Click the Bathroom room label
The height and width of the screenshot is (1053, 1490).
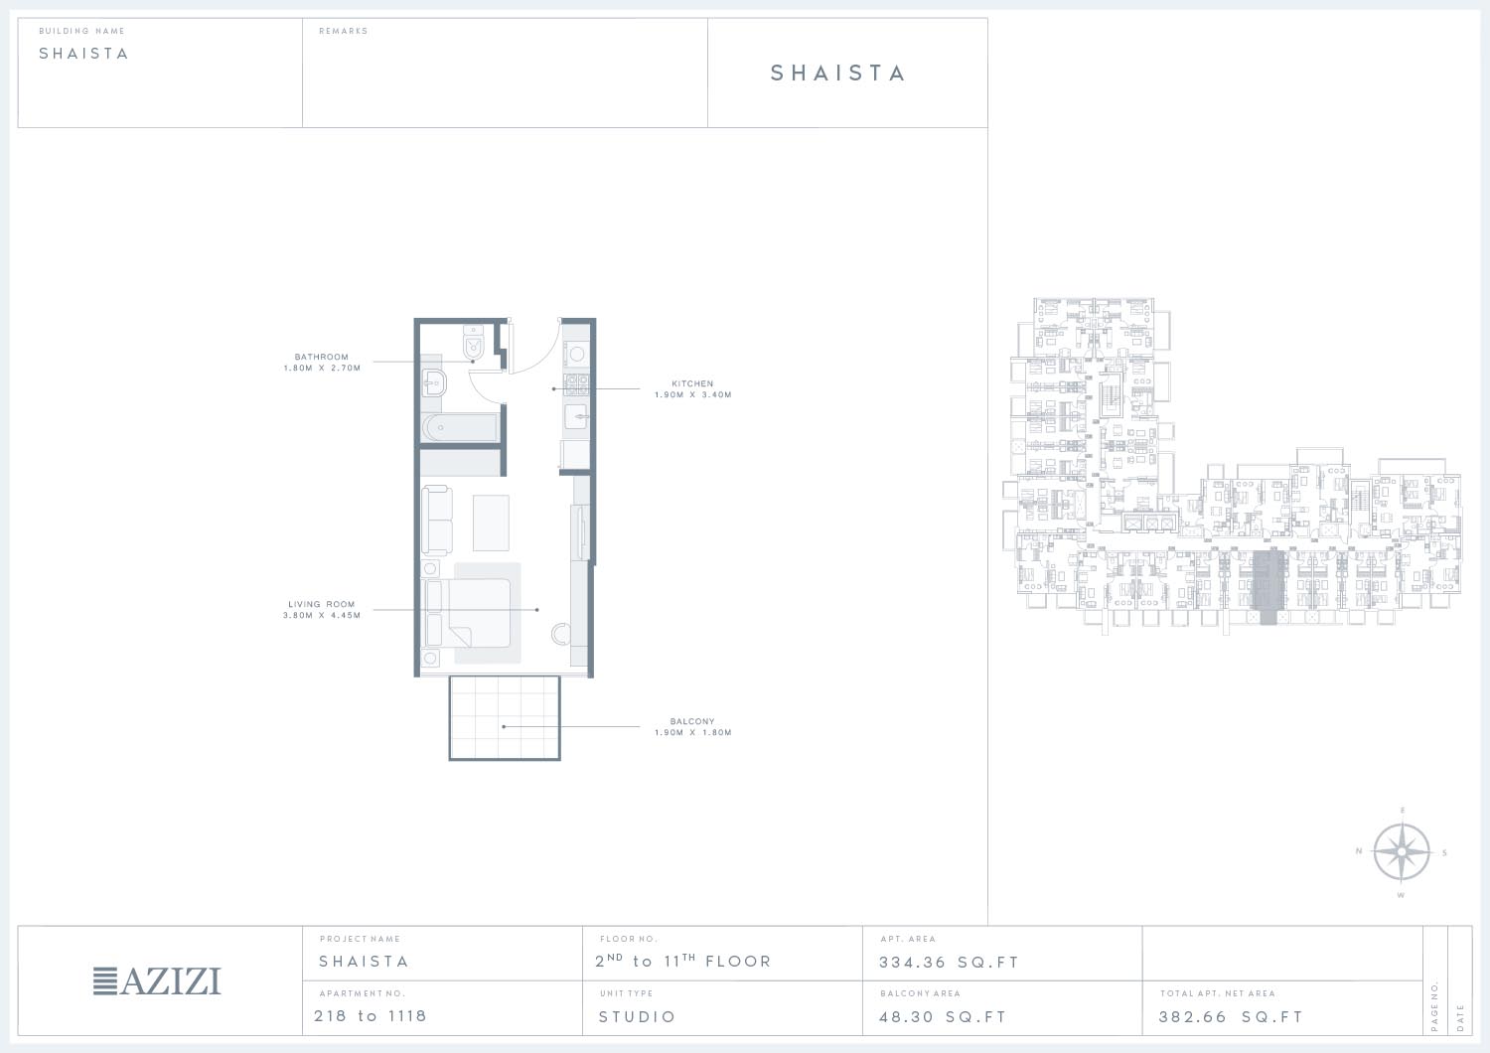coord(321,357)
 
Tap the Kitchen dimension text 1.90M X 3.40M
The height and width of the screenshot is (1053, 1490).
coord(692,394)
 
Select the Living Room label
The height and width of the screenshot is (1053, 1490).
coord(321,604)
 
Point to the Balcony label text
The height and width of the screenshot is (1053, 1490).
coord(692,721)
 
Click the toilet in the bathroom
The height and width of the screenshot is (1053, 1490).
coord(473,342)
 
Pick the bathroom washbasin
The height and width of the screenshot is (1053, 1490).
coord(434,383)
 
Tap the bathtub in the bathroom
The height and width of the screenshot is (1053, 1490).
coord(460,428)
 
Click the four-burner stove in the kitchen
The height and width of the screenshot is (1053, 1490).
coord(576,384)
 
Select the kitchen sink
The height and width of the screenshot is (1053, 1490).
coord(576,417)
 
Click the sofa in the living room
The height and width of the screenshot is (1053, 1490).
coord(436,521)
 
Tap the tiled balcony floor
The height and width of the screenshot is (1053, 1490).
coord(505,718)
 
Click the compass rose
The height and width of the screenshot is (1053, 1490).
coord(1402,852)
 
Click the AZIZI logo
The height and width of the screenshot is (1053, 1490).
coord(157,981)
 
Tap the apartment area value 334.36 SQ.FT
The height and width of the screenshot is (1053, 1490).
coord(949,963)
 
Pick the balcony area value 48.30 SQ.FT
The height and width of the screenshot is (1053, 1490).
coord(943,1017)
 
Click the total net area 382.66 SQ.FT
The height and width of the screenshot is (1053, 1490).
coord(1231,1017)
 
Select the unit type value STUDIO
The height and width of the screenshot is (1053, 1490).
coord(638,1017)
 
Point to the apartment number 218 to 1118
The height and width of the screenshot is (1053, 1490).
coord(370,1016)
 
